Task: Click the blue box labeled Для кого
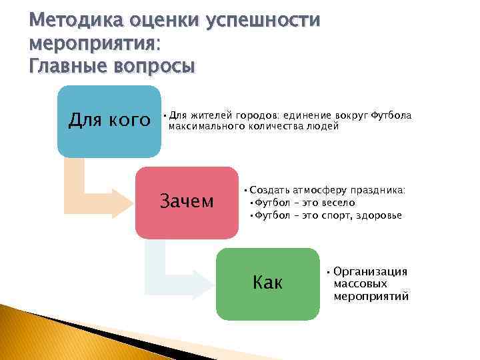point(109,121)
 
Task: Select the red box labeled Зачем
point(186,202)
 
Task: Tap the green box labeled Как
point(267,283)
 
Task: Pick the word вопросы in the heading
point(157,67)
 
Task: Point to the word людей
point(327,125)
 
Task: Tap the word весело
point(337,203)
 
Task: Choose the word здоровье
point(379,215)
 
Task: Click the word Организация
point(370,271)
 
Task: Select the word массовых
point(360,284)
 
